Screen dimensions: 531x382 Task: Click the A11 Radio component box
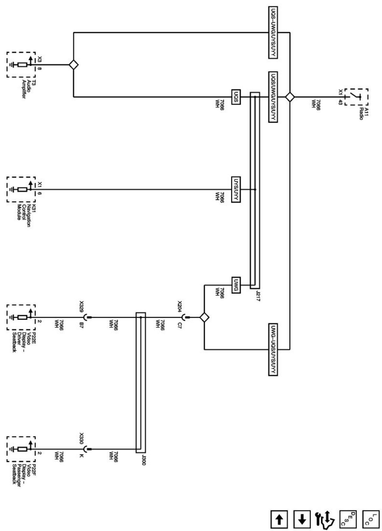tap(359, 97)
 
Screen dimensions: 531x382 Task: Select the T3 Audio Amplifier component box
tap(21, 65)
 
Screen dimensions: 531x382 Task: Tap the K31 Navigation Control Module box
tap(21, 189)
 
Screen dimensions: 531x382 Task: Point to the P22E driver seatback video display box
tap(21, 317)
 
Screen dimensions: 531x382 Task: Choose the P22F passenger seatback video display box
tap(21, 449)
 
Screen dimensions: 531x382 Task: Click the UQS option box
tap(236, 97)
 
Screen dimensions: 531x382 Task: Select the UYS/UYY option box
tap(236, 189)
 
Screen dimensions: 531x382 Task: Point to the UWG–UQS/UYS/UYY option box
tap(272, 349)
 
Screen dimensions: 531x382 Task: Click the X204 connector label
tap(180, 305)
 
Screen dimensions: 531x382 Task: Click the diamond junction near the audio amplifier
tap(74, 65)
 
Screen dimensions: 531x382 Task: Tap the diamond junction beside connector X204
tap(204, 317)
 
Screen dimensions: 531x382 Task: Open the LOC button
tap(370, 519)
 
